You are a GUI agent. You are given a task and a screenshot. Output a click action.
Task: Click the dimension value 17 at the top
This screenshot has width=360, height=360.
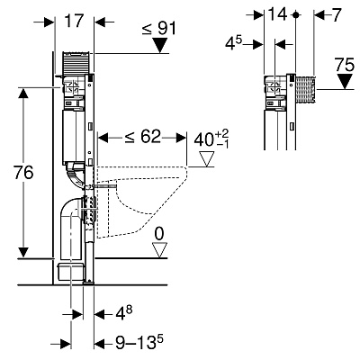click(x=73, y=22)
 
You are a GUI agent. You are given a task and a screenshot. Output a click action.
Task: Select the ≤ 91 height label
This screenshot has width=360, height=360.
click(x=159, y=29)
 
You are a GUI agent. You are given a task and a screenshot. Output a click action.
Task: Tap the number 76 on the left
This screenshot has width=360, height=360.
click(x=24, y=173)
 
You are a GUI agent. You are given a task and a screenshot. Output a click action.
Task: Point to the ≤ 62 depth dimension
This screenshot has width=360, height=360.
click(x=143, y=137)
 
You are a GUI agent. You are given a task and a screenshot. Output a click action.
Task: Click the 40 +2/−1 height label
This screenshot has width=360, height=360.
click(x=211, y=139)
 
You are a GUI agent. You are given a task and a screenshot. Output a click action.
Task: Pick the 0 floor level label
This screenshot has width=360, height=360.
click(x=159, y=234)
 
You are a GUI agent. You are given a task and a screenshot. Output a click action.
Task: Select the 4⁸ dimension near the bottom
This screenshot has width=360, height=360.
click(x=124, y=313)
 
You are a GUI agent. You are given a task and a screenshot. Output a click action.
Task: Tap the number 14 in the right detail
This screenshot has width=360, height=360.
click(x=278, y=14)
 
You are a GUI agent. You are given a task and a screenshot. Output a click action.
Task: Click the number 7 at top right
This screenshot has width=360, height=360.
click(x=337, y=14)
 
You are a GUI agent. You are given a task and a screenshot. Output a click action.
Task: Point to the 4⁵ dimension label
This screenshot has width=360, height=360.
click(x=233, y=43)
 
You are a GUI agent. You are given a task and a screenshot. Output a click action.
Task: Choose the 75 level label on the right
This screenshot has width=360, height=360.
click(x=345, y=65)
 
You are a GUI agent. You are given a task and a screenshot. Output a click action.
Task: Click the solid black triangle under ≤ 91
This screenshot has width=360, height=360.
click(x=159, y=45)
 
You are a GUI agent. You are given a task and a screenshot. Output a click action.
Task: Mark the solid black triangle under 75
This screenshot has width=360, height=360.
click(x=345, y=81)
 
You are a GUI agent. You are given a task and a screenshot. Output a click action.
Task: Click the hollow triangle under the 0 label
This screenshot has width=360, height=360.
click(x=159, y=250)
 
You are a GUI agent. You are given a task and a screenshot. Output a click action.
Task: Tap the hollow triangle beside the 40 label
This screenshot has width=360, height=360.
click(x=207, y=158)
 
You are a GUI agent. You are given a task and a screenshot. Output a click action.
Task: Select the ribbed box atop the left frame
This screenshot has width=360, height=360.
click(x=76, y=62)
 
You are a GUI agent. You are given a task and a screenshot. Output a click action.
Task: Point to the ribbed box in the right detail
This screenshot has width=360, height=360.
click(x=305, y=89)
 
